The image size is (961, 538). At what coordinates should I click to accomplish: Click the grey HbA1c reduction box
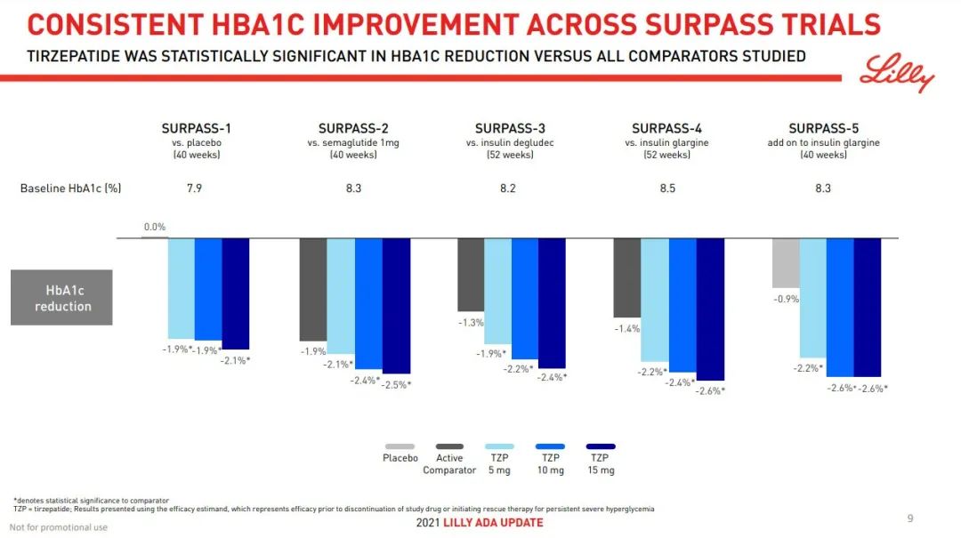point(61,297)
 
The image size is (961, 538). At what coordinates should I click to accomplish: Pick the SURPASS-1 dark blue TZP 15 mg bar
point(236,293)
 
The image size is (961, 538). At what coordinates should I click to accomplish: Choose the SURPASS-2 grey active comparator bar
point(313,289)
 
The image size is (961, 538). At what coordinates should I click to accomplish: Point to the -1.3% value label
point(471,323)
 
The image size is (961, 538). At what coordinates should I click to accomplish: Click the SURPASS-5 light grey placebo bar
point(786,263)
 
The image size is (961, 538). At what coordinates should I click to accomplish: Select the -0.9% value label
point(786,300)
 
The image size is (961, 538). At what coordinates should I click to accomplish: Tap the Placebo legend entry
point(400,454)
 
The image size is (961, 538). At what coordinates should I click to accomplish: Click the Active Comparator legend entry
point(449,459)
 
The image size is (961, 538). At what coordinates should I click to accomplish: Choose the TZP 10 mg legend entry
point(551,459)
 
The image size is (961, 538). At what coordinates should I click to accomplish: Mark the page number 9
point(909,518)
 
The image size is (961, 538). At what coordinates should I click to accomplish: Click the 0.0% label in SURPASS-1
point(155,228)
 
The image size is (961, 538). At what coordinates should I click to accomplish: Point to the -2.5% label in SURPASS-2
point(397,385)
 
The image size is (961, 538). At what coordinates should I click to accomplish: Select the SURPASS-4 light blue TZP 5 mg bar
point(655,300)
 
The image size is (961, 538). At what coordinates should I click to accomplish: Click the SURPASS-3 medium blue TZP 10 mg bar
point(525,299)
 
